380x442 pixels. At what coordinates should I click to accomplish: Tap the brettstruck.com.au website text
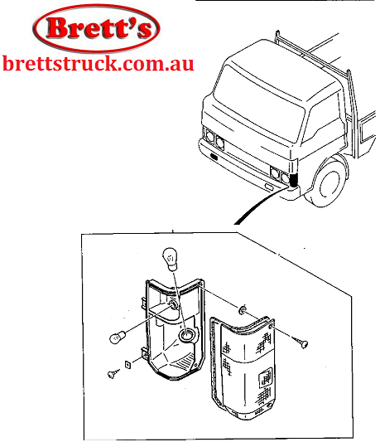click(x=98, y=64)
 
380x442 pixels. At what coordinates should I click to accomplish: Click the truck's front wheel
click(x=330, y=183)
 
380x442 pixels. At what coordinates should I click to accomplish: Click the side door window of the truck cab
click(x=325, y=119)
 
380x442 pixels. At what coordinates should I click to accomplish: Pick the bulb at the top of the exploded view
click(x=170, y=259)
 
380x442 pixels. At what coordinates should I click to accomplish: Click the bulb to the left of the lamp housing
click(x=117, y=338)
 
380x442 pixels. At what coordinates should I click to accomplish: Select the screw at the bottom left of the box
click(x=113, y=374)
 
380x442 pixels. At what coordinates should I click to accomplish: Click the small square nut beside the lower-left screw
click(x=127, y=365)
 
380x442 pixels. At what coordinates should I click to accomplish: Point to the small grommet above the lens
click(x=242, y=310)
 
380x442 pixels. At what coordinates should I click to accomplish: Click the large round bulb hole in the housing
click(x=186, y=334)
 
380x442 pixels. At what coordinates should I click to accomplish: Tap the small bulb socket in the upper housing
click(x=173, y=304)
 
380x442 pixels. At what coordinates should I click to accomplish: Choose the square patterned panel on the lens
click(x=265, y=377)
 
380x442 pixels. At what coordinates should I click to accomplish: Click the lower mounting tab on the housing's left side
click(x=145, y=353)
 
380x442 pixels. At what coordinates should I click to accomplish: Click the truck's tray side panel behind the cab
click(x=368, y=127)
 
